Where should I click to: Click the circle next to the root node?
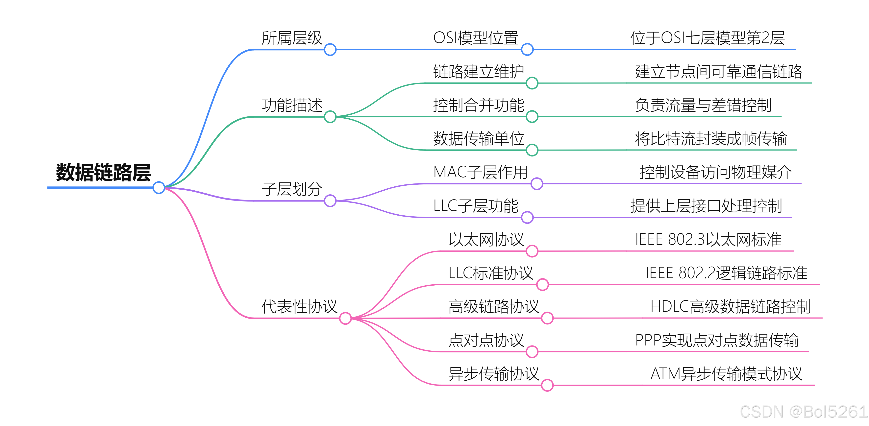point(159,188)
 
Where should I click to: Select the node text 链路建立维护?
point(478,72)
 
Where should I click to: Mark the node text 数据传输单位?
point(478,139)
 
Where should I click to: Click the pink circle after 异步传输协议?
point(547,385)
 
